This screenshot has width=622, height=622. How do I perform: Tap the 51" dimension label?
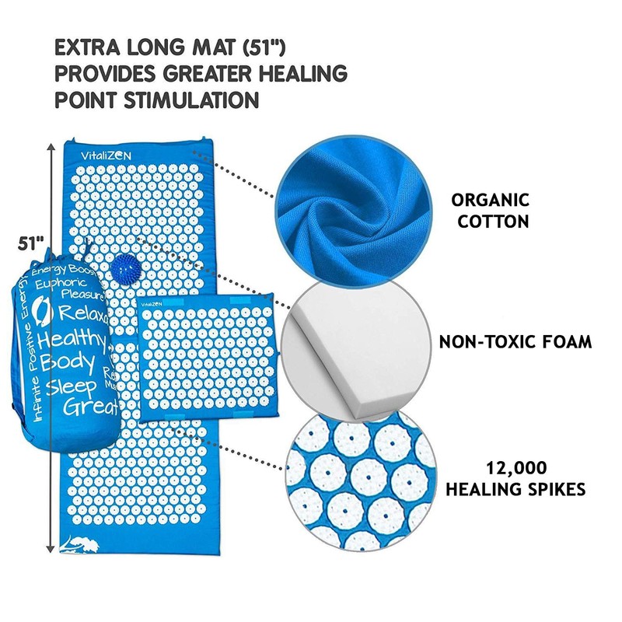pyautogui.click(x=30, y=243)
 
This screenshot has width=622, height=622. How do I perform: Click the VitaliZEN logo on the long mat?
pyautogui.click(x=107, y=155)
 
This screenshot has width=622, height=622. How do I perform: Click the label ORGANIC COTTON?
pyautogui.click(x=492, y=211)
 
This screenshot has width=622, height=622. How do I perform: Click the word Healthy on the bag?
pyautogui.click(x=71, y=338)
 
